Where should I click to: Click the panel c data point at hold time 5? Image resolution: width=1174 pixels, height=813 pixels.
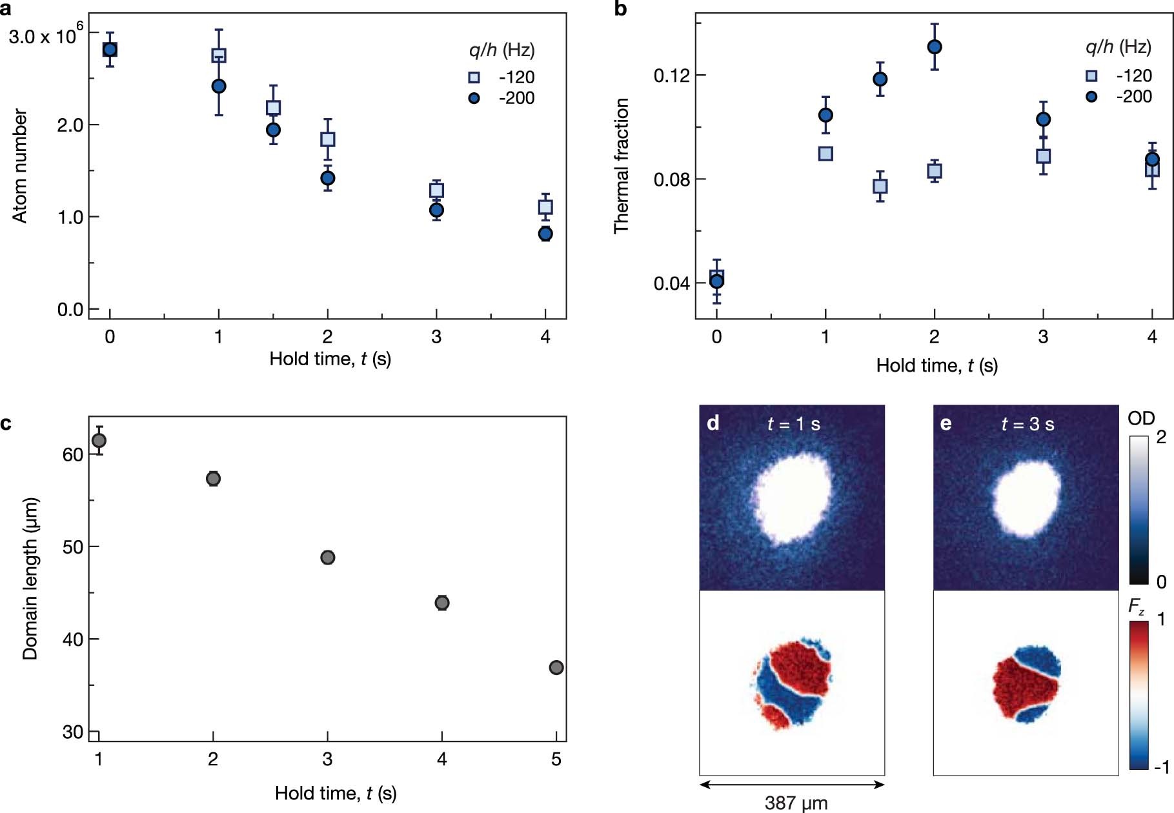point(556,667)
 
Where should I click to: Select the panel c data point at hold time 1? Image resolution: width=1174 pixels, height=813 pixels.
point(99,441)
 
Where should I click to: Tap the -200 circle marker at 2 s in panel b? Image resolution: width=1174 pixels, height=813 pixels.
point(935,47)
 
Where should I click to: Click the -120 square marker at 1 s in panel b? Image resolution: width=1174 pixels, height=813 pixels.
point(825,154)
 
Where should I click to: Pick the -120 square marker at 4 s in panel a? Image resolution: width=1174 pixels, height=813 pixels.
point(545,207)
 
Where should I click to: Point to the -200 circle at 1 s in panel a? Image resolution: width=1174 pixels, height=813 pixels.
point(219,86)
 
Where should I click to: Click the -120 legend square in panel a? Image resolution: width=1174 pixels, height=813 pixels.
point(474,77)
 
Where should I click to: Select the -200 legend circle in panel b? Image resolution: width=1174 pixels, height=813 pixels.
point(1091,97)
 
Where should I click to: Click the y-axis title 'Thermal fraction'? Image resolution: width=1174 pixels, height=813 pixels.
point(622,166)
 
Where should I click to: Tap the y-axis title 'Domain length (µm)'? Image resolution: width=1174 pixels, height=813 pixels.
point(30,578)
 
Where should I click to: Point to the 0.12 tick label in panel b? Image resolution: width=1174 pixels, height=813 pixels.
point(671,76)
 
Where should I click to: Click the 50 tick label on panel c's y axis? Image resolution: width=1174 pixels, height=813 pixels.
point(73,547)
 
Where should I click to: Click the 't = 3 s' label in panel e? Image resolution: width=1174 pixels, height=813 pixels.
point(1027,424)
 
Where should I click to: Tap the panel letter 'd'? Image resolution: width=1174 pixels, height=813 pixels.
point(713,423)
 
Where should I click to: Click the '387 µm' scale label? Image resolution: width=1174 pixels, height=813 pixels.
point(796,803)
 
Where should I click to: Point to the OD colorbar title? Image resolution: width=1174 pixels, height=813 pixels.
point(1140,418)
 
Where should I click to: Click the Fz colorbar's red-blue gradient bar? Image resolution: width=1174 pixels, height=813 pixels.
point(1139,695)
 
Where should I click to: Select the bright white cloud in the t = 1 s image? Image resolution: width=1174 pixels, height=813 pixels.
point(793,498)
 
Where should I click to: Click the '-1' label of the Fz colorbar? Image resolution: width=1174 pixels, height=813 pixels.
point(1161,767)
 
